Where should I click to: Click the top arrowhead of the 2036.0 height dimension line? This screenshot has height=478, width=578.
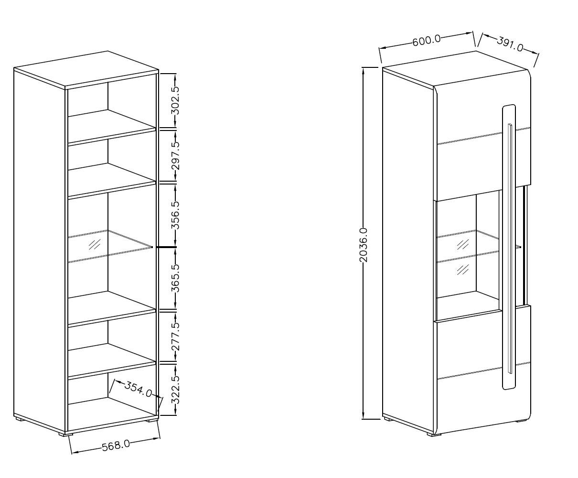pyautogui.click(x=364, y=70)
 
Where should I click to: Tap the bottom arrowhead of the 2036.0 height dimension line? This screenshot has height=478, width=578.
pyautogui.click(x=364, y=416)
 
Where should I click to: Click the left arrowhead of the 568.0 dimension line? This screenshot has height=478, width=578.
pyautogui.click(x=74, y=452)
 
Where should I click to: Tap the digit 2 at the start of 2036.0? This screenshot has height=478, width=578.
pyautogui.click(x=364, y=259)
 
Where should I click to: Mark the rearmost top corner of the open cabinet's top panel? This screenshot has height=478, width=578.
pyautogui.click(x=107, y=51)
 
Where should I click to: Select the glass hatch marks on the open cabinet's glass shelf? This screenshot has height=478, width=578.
pyautogui.click(x=94, y=244)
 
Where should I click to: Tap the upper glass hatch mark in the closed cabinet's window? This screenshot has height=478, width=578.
pyautogui.click(x=462, y=244)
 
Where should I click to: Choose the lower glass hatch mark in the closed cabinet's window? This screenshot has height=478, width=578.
pyautogui.click(x=463, y=269)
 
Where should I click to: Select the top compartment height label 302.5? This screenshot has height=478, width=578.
pyautogui.click(x=175, y=100)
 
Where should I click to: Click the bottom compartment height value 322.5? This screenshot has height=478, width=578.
pyautogui.click(x=175, y=390)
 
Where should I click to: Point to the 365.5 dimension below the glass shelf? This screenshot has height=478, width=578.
pyautogui.click(x=175, y=278)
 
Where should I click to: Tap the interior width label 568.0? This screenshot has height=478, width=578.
pyautogui.click(x=116, y=445)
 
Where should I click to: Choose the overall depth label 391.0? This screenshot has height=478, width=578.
pyautogui.click(x=510, y=44)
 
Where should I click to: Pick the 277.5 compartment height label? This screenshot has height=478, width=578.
pyautogui.click(x=175, y=337)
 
